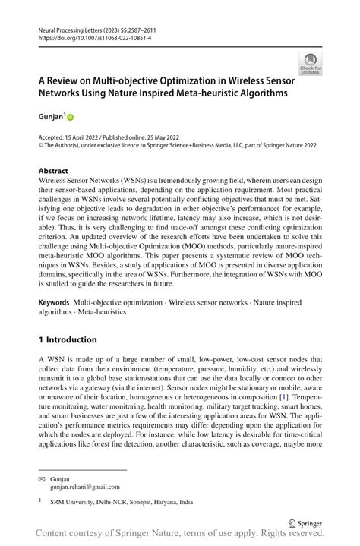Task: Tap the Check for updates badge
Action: (x=310, y=64)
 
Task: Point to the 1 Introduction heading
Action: (x=68, y=339)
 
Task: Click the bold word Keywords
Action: (x=55, y=302)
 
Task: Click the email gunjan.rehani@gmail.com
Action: (x=84, y=487)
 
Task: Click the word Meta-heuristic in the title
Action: (x=191, y=94)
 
